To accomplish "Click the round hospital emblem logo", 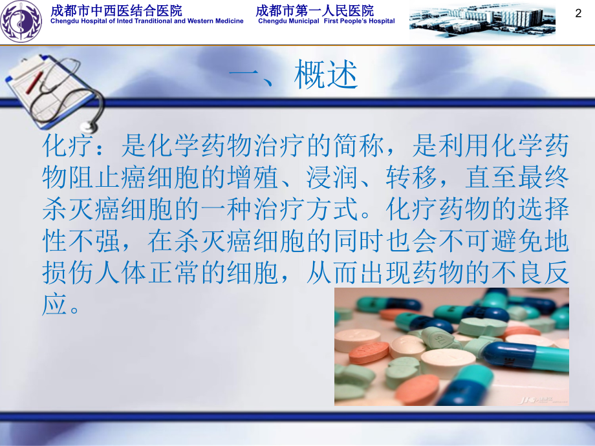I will click(21, 21).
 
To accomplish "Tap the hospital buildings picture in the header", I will click(482, 21).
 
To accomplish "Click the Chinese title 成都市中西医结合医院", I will click(116, 10).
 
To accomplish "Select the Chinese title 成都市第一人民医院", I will click(315, 10).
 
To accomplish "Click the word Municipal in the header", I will click(303, 21).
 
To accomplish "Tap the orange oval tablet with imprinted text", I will click(369, 352).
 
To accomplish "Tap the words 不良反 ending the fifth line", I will click(530, 273).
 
